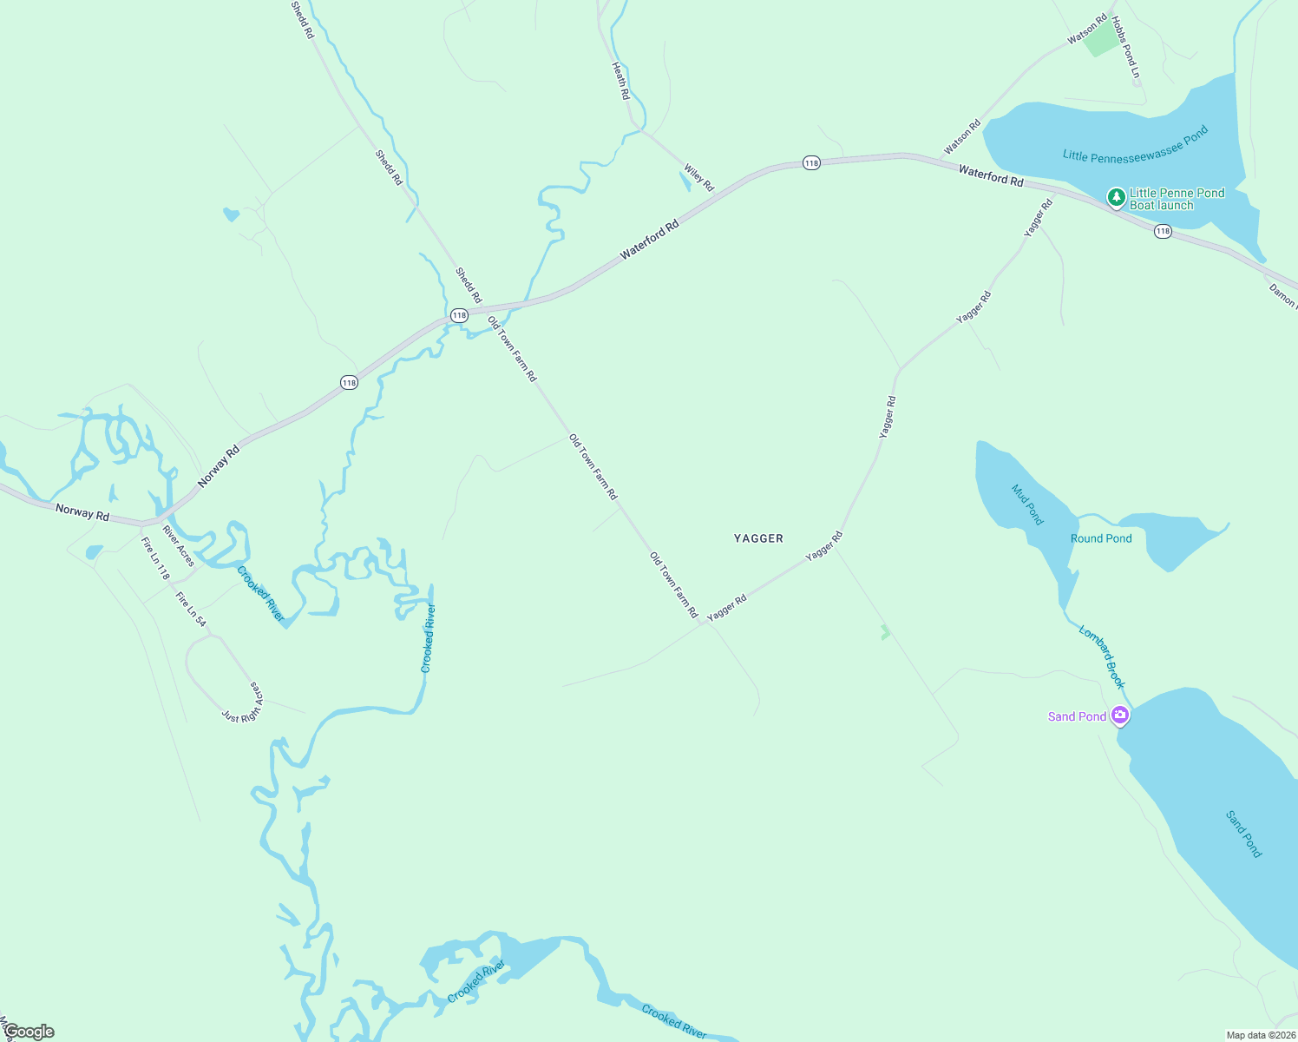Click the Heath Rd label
pyautogui.click(x=619, y=81)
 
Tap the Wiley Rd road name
pyautogui.click(x=698, y=178)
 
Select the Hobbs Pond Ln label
pyautogui.click(x=1125, y=47)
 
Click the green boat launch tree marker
pyautogui.click(x=1116, y=197)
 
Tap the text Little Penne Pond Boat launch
pyautogui.click(x=1177, y=199)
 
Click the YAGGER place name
pyautogui.click(x=758, y=538)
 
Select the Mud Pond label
pyautogui.click(x=1027, y=504)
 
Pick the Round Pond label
pyautogui.click(x=1101, y=538)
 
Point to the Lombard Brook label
pyautogui.click(x=1102, y=656)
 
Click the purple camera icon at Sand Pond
pyautogui.click(x=1120, y=716)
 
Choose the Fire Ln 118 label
pyautogui.click(x=155, y=558)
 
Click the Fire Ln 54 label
pyautogui.click(x=191, y=609)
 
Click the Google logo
pyautogui.click(x=29, y=1032)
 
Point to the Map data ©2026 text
pyautogui.click(x=1260, y=1035)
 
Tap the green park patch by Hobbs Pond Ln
pyautogui.click(x=1102, y=41)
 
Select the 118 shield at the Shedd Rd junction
pyautogui.click(x=459, y=315)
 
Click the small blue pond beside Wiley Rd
pyautogui.click(x=685, y=181)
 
